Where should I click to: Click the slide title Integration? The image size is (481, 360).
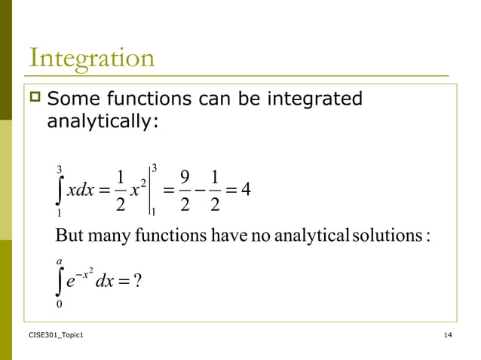(91, 58)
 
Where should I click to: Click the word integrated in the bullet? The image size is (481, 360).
(311, 99)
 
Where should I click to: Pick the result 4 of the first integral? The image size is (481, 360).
(244, 188)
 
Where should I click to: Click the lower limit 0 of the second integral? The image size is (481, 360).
(60, 304)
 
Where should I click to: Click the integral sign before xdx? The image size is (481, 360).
(60, 189)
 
